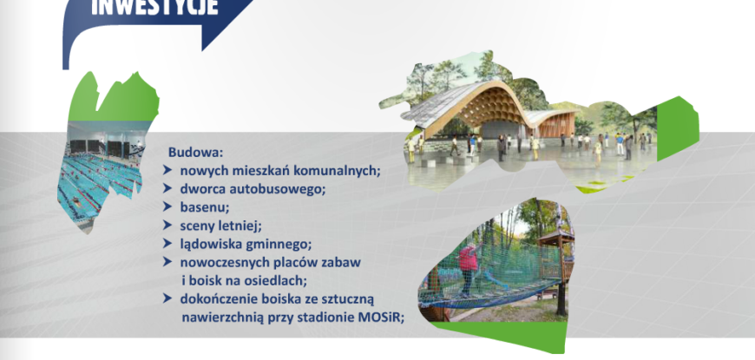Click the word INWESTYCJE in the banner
pos(154,7)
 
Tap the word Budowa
pos(196,153)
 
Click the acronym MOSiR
pos(380,317)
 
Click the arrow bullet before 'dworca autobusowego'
pos(167,188)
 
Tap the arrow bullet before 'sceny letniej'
pos(167,226)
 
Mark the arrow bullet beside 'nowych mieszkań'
pos(167,170)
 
